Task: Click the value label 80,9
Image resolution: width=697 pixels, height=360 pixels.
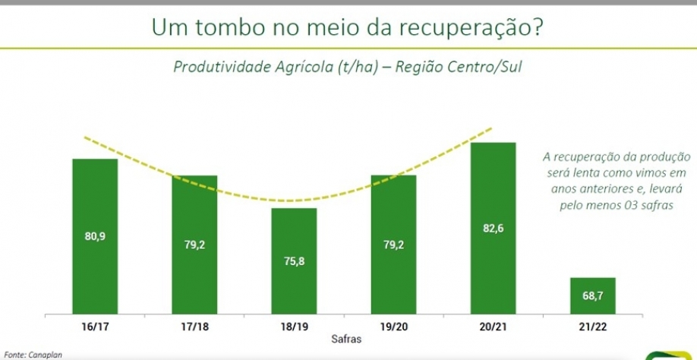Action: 95,236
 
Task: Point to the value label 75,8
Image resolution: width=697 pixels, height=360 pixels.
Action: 295,262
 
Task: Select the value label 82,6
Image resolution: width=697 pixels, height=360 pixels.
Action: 494,228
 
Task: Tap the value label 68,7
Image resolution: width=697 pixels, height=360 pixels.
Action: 593,296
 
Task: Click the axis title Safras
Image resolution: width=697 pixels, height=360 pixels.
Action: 345,339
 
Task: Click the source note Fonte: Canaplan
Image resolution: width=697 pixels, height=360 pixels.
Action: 33,354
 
